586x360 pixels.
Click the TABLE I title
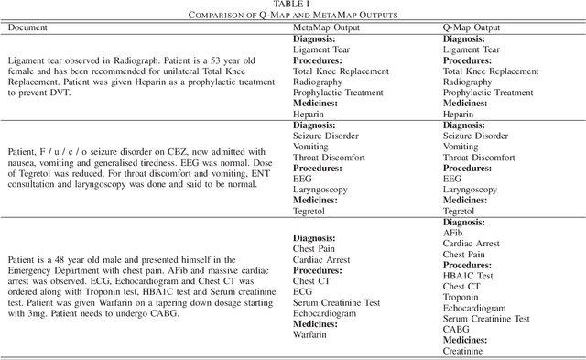[293, 5]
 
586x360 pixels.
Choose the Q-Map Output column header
[475, 27]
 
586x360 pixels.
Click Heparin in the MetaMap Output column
[313, 115]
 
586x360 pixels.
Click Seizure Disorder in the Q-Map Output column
[479, 136]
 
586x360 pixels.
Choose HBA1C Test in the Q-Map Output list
[473, 276]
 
